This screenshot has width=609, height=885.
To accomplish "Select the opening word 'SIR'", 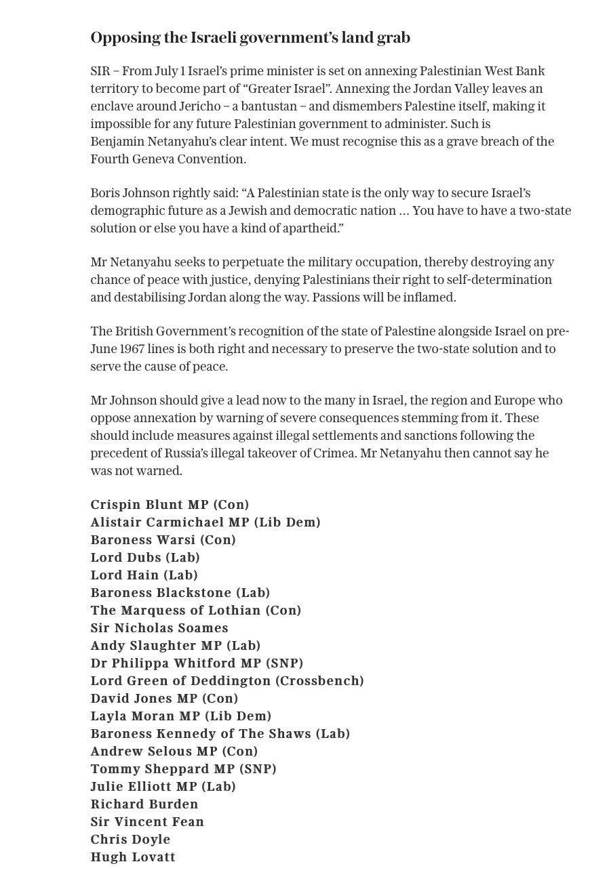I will coord(100,71).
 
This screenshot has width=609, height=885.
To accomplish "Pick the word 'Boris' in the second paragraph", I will coord(105,193).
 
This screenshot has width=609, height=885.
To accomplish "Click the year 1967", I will coord(133,349).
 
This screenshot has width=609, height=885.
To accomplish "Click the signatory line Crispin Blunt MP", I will coord(170,505).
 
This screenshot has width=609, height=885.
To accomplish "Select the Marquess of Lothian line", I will coord(195,611).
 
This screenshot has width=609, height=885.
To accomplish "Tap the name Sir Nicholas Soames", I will coord(159,628).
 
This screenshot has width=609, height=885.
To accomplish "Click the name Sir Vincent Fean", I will coord(147,822).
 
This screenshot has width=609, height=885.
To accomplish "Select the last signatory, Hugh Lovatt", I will coord(133,857).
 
